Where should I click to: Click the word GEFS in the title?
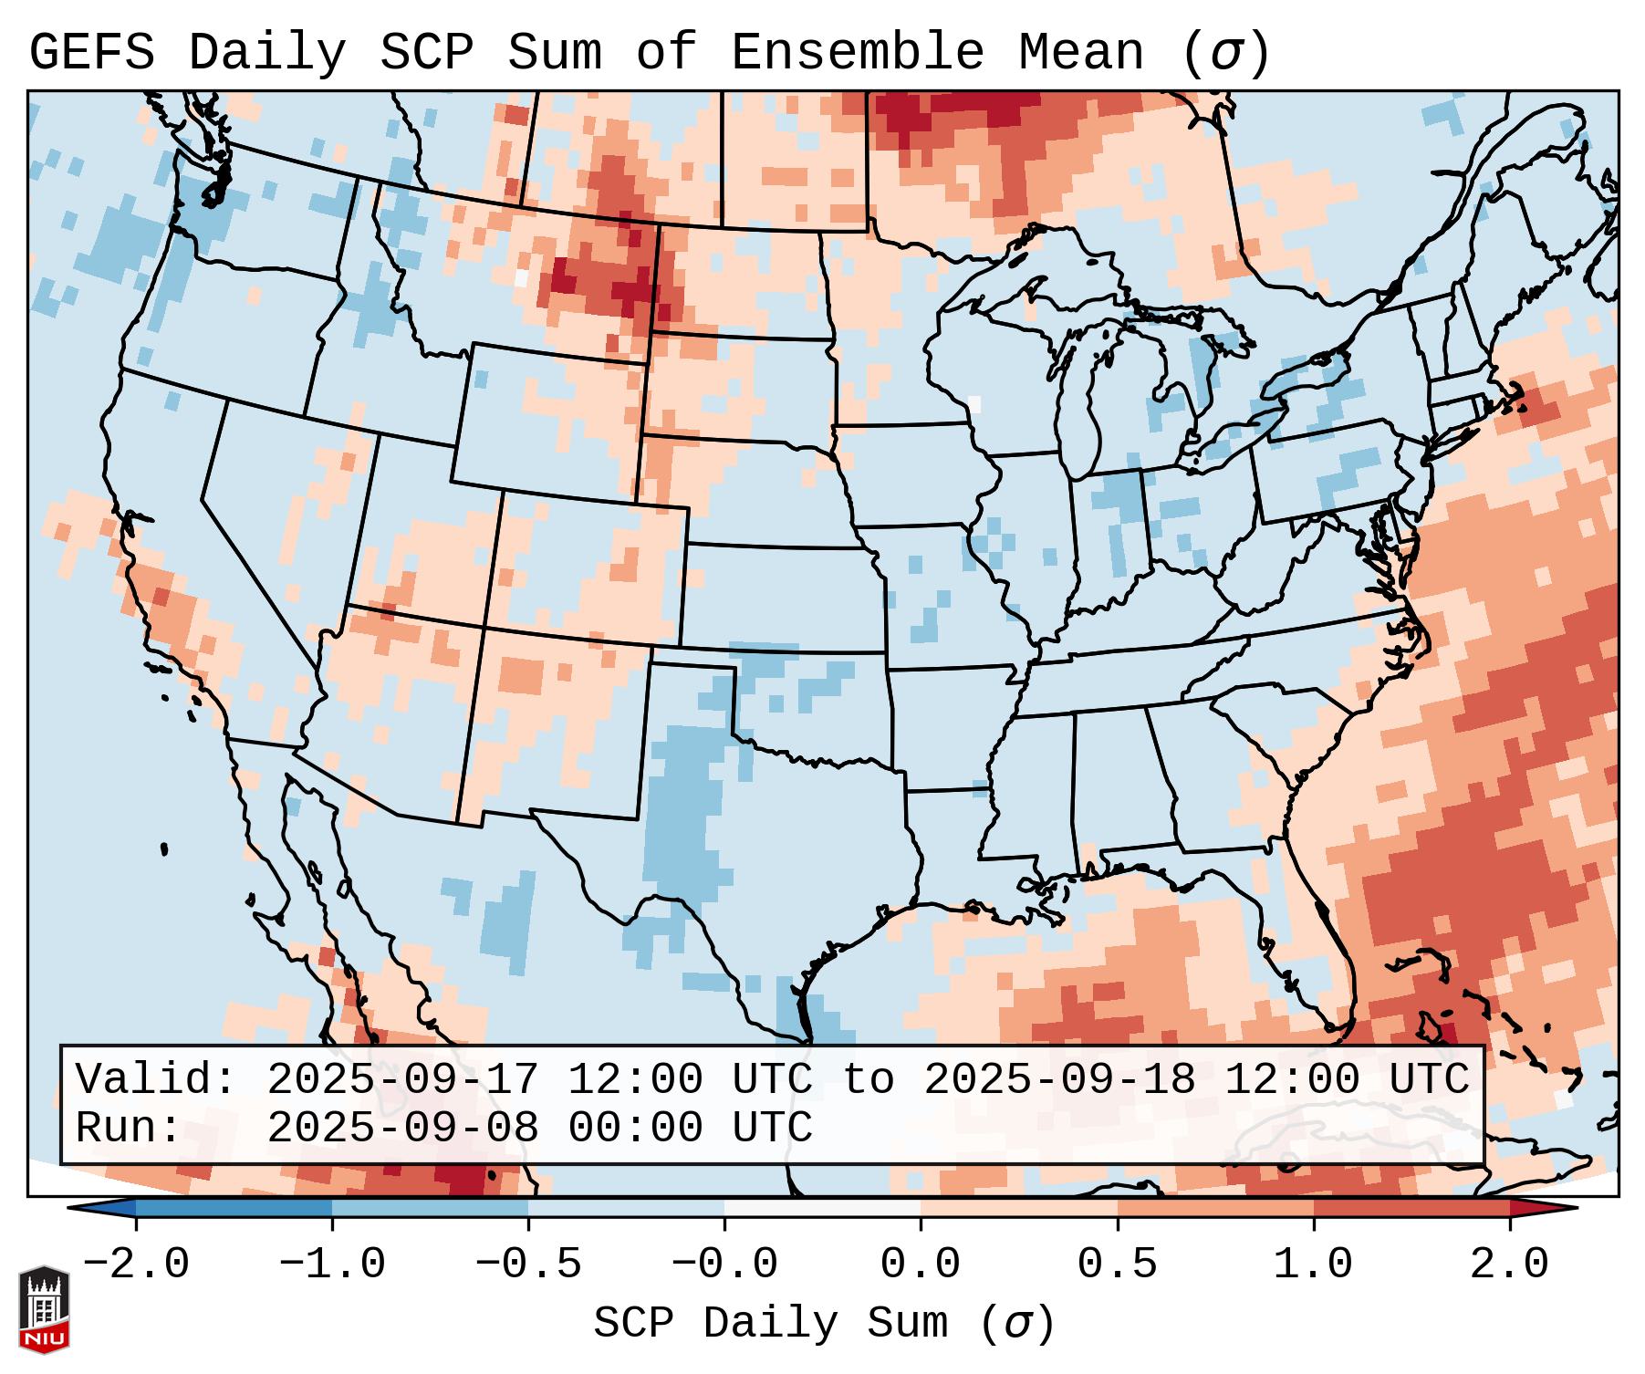coord(91,53)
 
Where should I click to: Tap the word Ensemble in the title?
coord(858,53)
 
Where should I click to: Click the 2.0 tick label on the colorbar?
coord(1510,1265)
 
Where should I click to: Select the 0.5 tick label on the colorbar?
coord(1118,1265)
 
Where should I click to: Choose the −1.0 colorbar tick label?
coord(331,1265)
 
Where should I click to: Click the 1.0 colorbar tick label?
coord(1314,1265)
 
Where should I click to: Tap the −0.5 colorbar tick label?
coord(528,1265)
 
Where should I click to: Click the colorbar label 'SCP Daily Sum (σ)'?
coord(824,1323)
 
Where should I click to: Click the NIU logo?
coord(44,1309)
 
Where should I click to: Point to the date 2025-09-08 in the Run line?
coord(402,1129)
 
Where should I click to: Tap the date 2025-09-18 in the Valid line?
coord(1059,1080)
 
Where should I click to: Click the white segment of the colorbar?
coord(822,1208)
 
